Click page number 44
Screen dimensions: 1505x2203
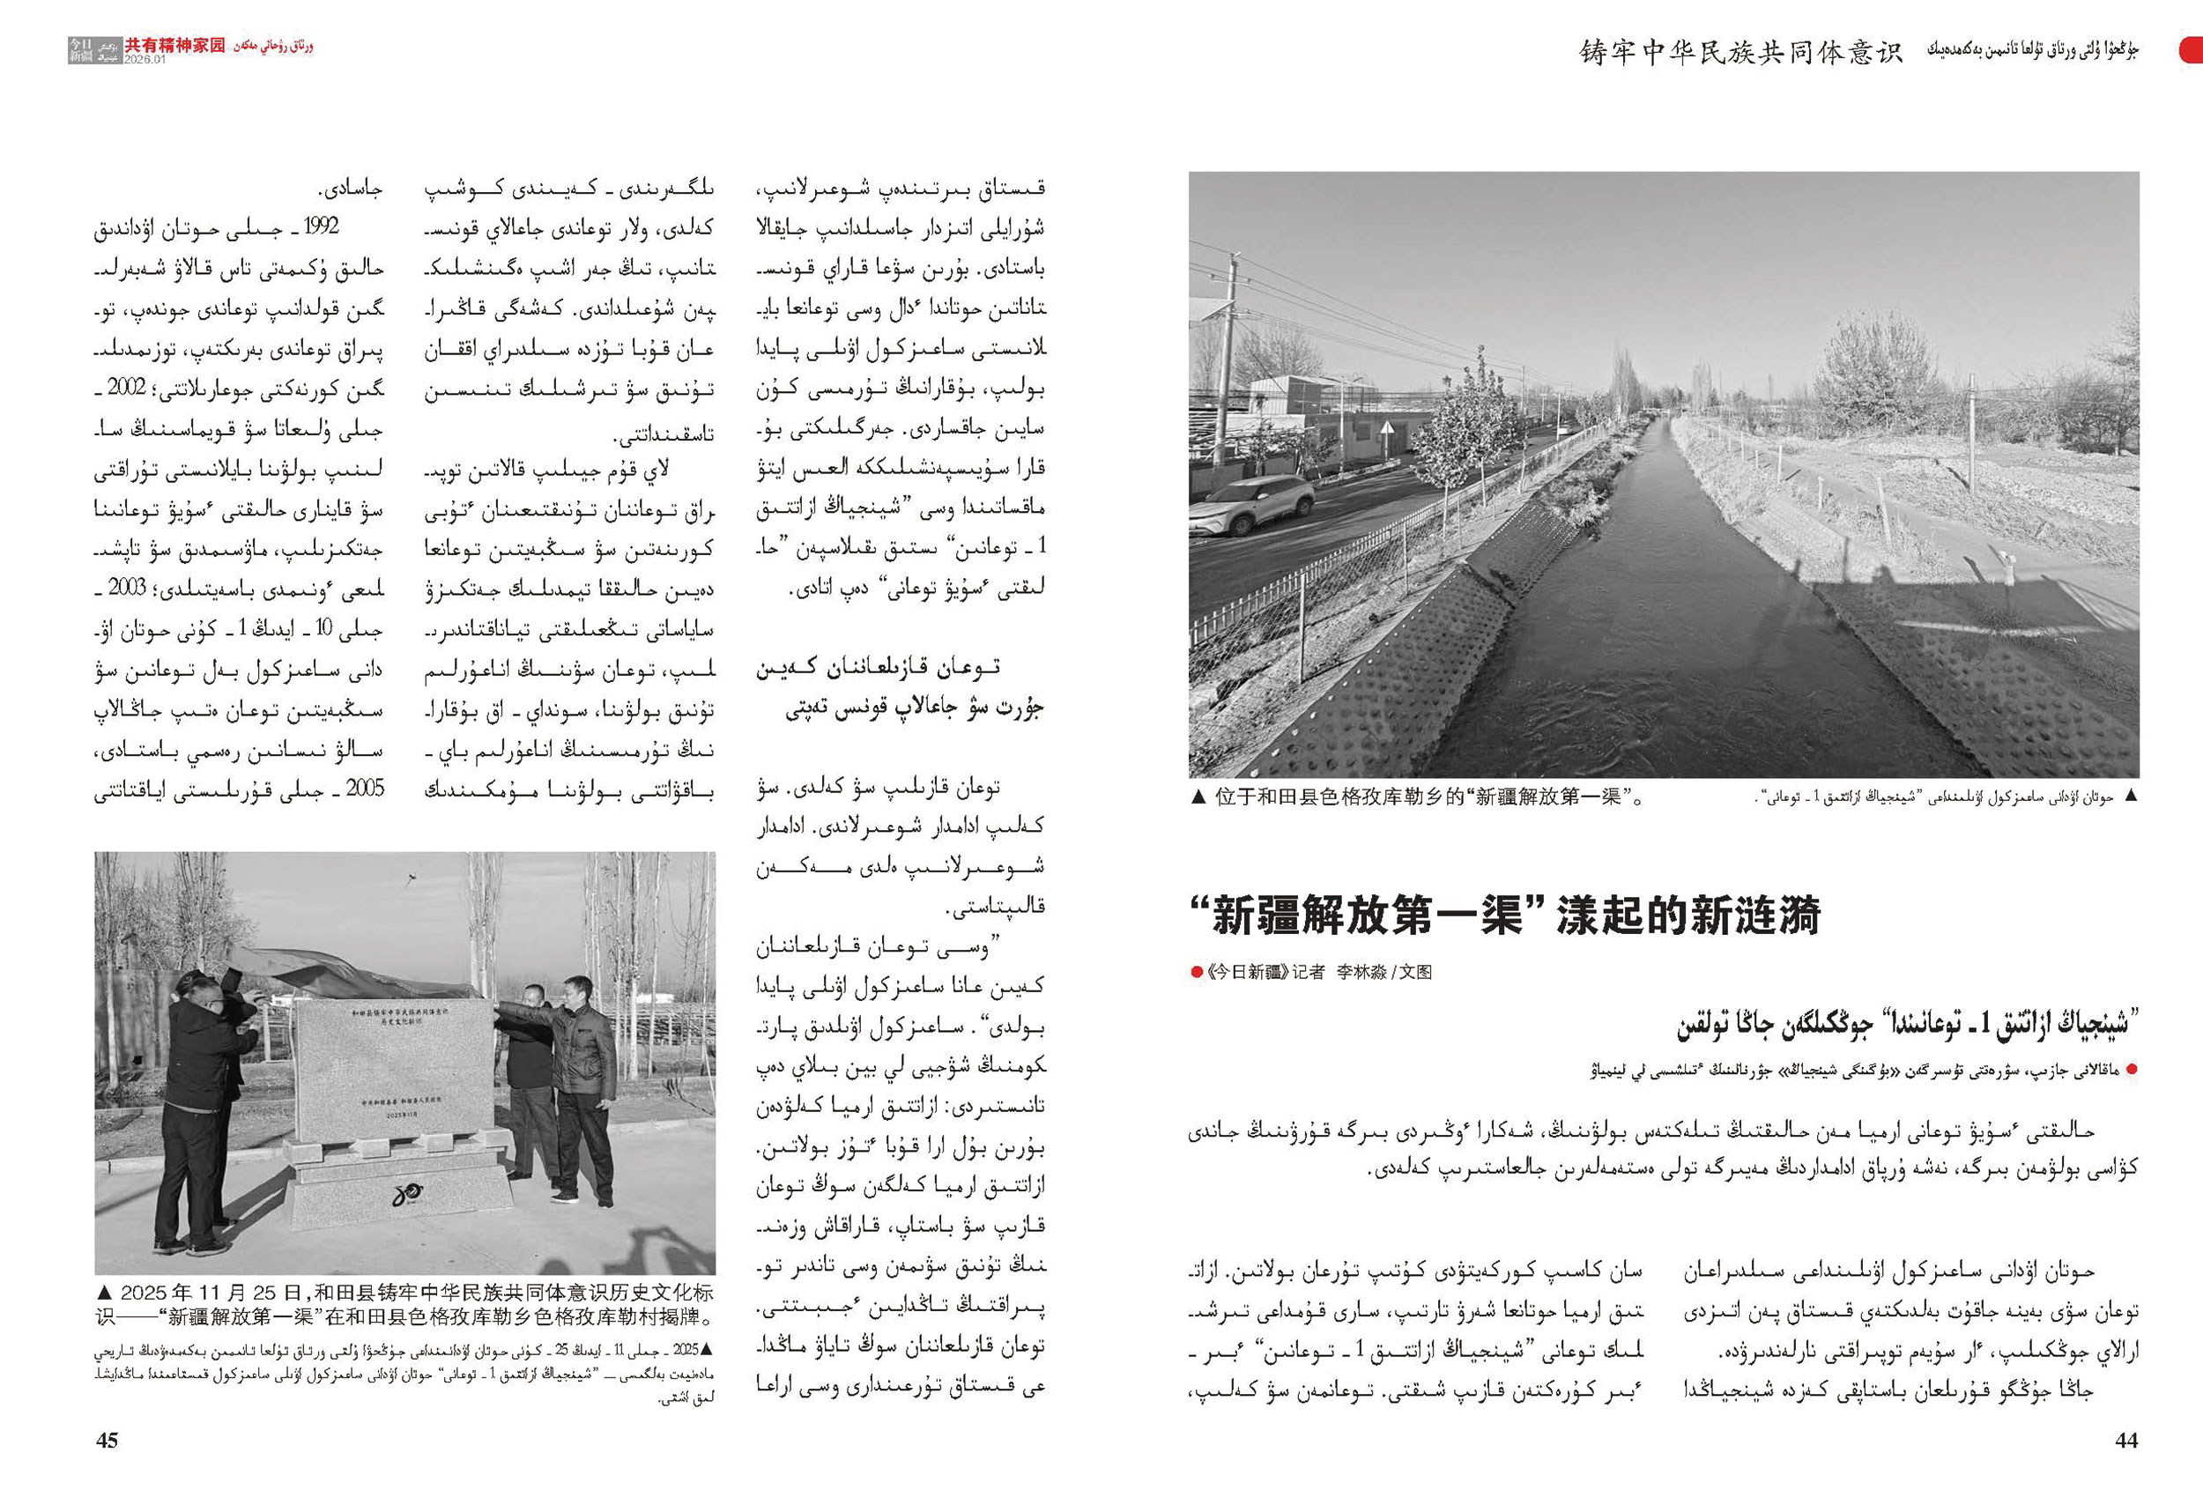tap(2126, 1441)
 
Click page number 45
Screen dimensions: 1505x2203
tap(108, 1441)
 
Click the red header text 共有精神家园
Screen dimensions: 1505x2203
tap(175, 45)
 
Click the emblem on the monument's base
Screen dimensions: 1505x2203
tap(408, 1196)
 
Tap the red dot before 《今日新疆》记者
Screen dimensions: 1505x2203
tap(1197, 971)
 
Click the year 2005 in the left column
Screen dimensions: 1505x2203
tap(364, 789)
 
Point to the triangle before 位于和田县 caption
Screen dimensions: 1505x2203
tap(1198, 798)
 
